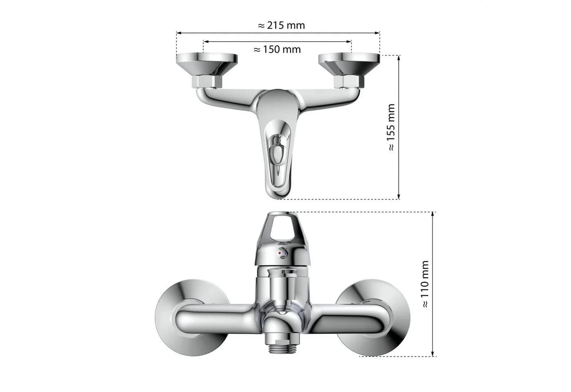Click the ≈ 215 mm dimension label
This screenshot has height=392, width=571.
(281, 25)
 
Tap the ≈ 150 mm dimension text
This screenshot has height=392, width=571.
(277, 49)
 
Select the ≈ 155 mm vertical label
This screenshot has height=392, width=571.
(391, 127)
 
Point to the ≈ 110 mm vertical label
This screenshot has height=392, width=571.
(425, 284)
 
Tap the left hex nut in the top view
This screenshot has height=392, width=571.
(207, 82)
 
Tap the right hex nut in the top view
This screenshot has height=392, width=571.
(349, 82)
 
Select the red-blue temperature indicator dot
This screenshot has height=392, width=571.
(283, 253)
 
